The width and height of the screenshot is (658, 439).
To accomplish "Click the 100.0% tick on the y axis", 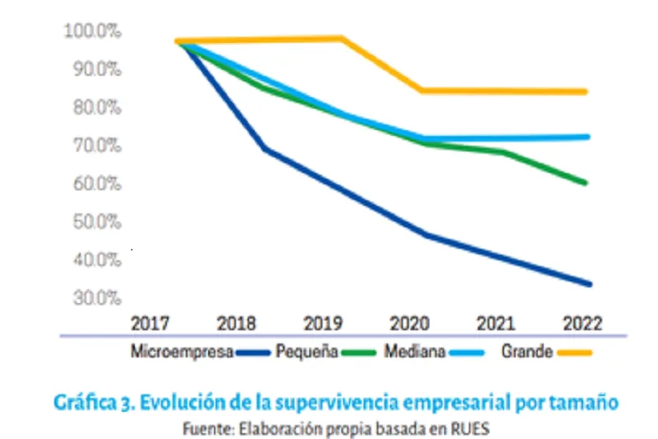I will pyautogui.click(x=92, y=31).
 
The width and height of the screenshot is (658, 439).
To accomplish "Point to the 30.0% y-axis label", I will pyautogui.click(x=97, y=297).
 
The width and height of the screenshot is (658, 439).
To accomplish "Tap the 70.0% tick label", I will pyautogui.click(x=97, y=146).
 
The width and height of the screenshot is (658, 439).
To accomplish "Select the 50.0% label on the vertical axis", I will pyautogui.click(x=97, y=222).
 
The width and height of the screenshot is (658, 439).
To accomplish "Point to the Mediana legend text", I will pyautogui.click(x=415, y=353).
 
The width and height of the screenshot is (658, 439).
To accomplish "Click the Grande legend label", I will pyautogui.click(x=526, y=353).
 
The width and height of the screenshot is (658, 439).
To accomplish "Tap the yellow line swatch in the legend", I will pyautogui.click(x=574, y=353).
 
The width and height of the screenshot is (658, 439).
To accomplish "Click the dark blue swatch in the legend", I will pyautogui.click(x=254, y=353).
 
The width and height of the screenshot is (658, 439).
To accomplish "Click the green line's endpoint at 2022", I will pyautogui.click(x=585, y=183).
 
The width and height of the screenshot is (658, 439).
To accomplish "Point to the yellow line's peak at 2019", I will pyautogui.click(x=341, y=38).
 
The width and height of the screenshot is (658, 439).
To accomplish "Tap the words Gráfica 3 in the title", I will pyautogui.click(x=91, y=404).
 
